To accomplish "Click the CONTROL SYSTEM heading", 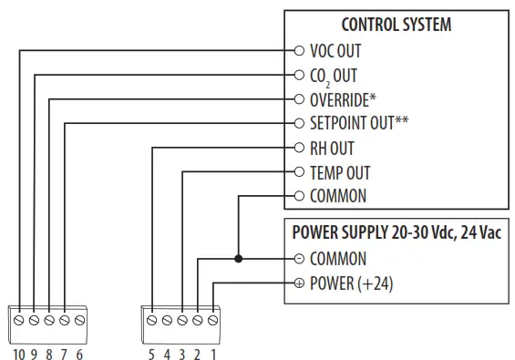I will (x=396, y=25).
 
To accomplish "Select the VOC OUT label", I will (x=335, y=51).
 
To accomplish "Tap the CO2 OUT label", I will (x=334, y=76).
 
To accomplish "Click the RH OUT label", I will (x=332, y=148).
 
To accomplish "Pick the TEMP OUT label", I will (x=340, y=172).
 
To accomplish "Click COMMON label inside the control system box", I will (x=338, y=196).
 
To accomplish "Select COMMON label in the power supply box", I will (x=338, y=259).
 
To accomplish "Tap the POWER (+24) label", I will (x=351, y=283).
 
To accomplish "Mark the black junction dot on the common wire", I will (x=237, y=259).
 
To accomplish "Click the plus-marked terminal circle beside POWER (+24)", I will (x=299, y=283).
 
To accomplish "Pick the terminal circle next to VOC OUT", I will (x=299, y=51).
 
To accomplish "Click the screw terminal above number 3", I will (x=182, y=321).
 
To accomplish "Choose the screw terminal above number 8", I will (x=50, y=321).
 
